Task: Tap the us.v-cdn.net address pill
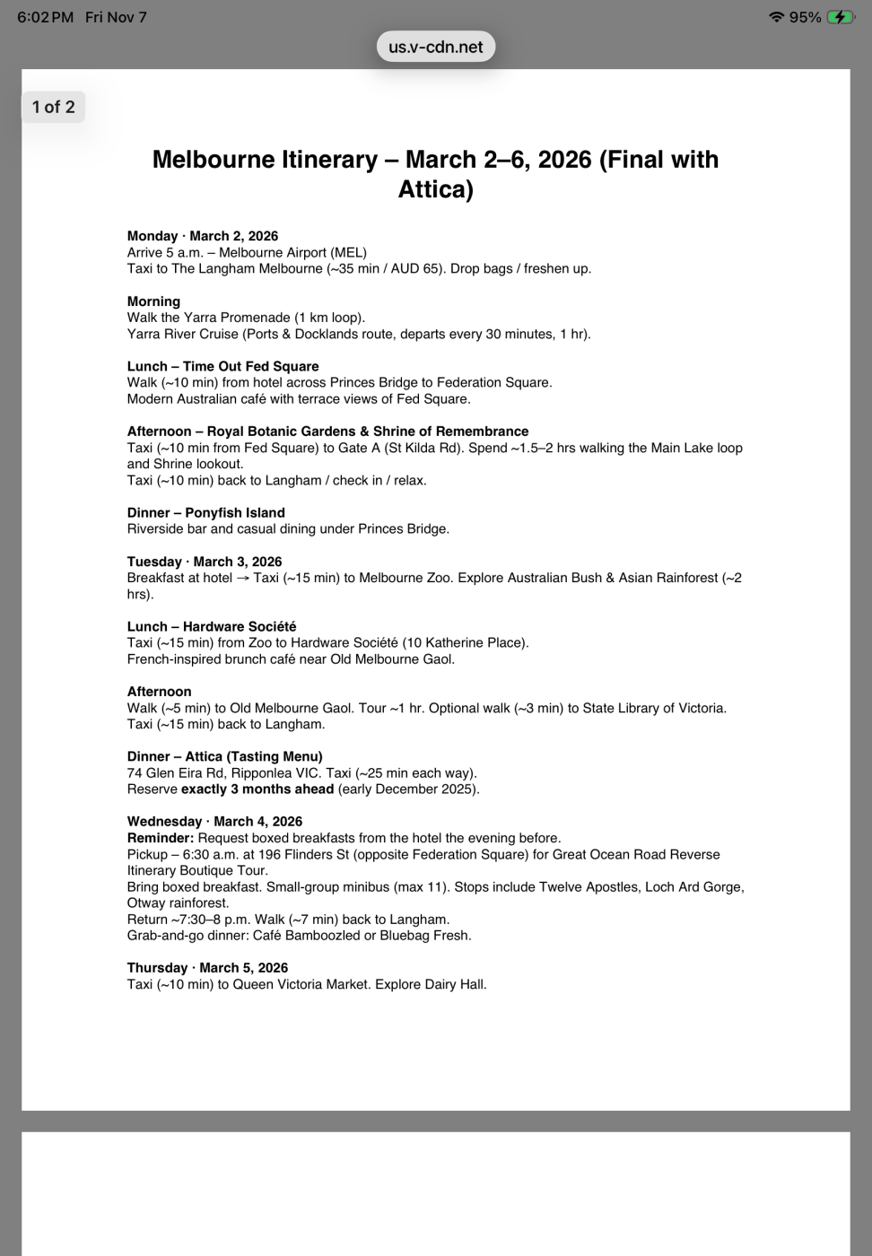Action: point(436,47)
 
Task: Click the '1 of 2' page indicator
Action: point(53,107)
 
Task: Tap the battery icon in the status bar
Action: point(841,17)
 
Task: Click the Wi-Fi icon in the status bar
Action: point(777,17)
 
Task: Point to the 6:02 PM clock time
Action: point(45,17)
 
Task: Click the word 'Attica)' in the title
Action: point(436,189)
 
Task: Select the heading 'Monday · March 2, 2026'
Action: point(203,236)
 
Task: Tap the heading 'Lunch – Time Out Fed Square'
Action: point(222,366)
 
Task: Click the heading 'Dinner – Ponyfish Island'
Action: point(205,512)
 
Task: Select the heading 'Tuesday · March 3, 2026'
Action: point(205,562)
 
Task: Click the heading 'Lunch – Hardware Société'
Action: point(212,626)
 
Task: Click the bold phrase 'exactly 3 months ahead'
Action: point(257,789)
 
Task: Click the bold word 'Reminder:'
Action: point(161,838)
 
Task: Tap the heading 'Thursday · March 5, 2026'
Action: point(207,968)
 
